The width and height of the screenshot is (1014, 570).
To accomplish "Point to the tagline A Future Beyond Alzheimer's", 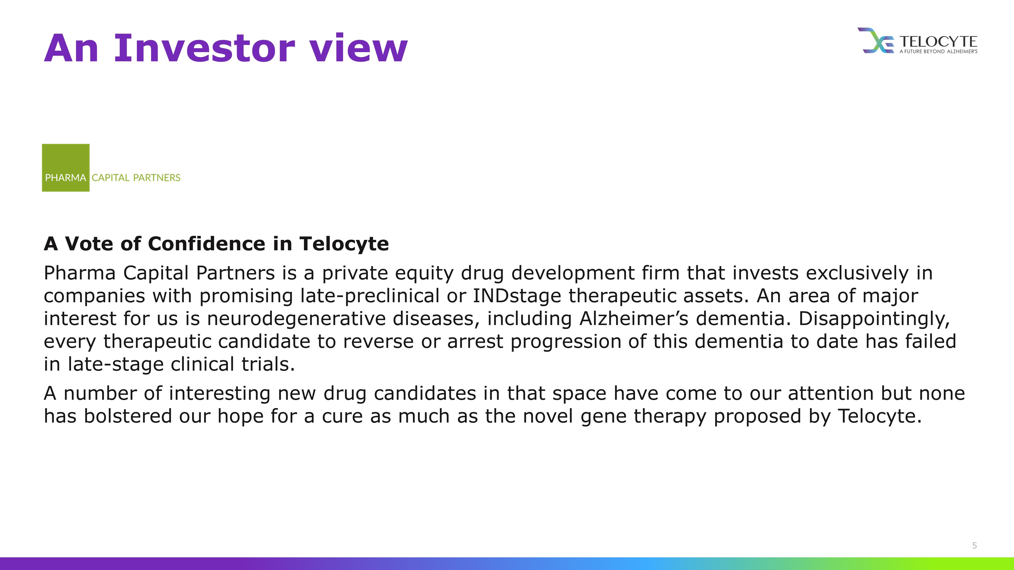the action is pos(938,51).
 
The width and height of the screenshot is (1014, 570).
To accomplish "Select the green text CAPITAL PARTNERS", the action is pos(136,178).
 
